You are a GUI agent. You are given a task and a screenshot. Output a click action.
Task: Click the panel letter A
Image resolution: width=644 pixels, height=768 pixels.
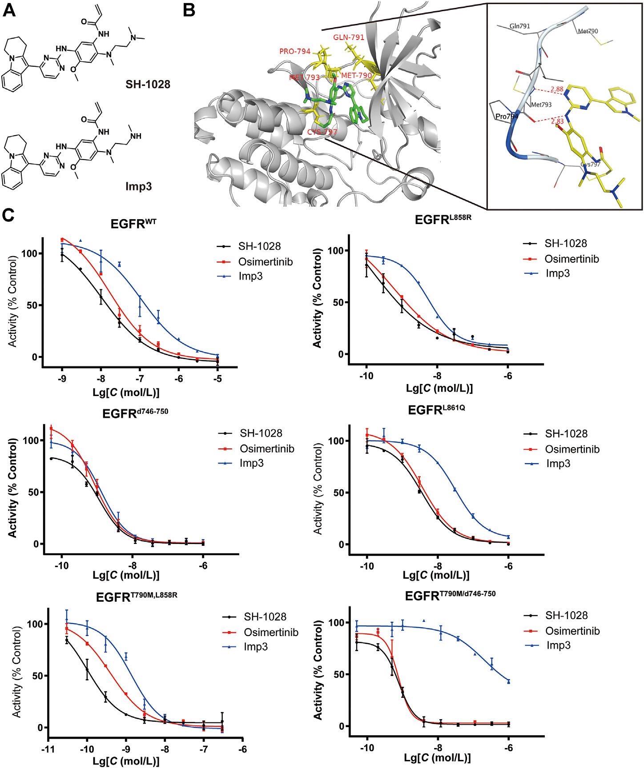tap(11, 10)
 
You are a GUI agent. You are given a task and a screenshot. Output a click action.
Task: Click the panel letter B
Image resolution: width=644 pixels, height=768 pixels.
tap(189, 10)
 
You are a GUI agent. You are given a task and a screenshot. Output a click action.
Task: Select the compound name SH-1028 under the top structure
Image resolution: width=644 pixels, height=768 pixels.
tap(147, 83)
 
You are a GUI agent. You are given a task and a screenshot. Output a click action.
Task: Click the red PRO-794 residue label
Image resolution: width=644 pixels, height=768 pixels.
tap(295, 51)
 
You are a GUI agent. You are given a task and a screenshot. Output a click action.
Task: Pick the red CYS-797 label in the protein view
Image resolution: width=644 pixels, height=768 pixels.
tap(322, 132)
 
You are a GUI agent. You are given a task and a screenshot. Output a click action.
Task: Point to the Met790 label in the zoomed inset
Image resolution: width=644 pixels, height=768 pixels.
tap(588, 32)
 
